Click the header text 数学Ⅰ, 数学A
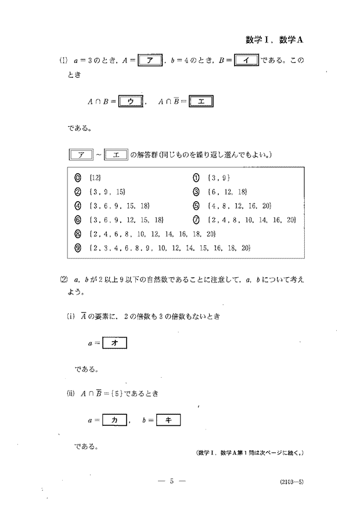tap(275, 40)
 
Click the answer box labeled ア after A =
tap(153, 60)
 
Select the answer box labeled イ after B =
tap(246, 60)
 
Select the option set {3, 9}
tap(218, 176)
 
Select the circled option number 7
tap(196, 220)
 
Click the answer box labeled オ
tap(114, 343)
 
